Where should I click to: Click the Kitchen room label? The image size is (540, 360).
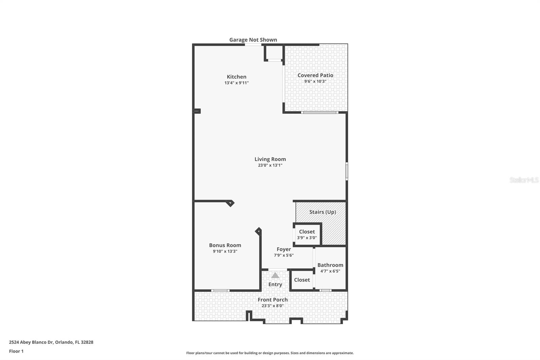click(236, 77)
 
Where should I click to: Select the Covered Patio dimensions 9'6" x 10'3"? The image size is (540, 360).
click(315, 81)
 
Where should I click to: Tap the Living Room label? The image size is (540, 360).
click(270, 159)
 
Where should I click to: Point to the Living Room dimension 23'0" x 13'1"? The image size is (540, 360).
click(270, 165)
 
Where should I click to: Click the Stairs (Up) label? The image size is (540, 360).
click(322, 212)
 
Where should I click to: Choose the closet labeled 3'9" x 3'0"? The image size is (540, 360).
click(307, 234)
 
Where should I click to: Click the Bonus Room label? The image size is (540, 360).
click(225, 245)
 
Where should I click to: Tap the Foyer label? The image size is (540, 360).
click(283, 249)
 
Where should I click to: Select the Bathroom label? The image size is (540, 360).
click(330, 265)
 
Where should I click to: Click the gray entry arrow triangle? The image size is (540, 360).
click(275, 275)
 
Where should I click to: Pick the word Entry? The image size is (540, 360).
click(275, 284)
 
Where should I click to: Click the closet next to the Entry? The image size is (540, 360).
click(302, 280)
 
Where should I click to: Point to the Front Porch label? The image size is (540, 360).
click(273, 300)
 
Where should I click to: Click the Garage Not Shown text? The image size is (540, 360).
click(253, 40)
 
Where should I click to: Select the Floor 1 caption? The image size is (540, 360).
click(16, 351)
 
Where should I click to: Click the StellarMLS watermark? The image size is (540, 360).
click(524, 180)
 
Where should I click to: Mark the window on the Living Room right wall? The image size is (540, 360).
click(347, 171)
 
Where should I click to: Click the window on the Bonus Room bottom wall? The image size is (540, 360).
click(220, 290)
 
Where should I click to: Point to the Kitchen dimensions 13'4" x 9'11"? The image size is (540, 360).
click(236, 83)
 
